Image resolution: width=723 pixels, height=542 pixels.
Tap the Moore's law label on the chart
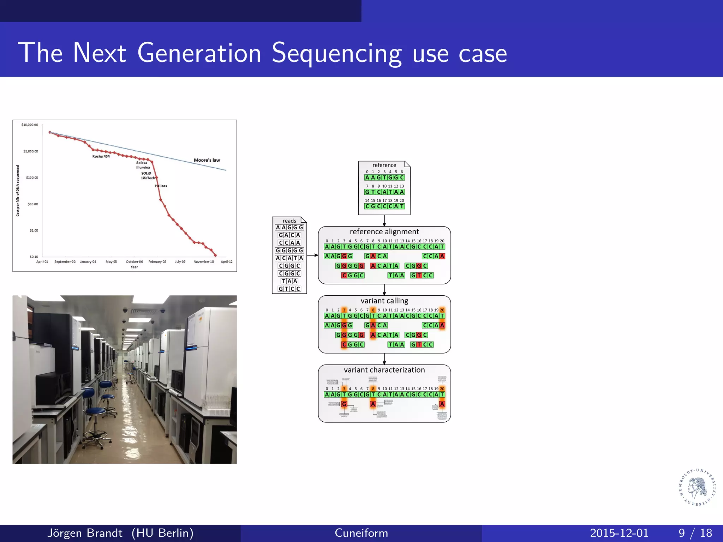(207, 160)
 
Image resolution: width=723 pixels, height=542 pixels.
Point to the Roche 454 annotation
(101, 156)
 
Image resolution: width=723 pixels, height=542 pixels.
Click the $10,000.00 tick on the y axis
(30, 125)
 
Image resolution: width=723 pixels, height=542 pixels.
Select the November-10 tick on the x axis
(204, 262)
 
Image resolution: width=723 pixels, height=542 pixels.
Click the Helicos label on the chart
(161, 186)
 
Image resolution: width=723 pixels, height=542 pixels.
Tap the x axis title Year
(134, 267)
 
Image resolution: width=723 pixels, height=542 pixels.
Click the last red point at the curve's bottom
(216, 255)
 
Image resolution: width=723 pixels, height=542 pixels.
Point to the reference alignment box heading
(384, 232)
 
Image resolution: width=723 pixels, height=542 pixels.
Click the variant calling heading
(384, 301)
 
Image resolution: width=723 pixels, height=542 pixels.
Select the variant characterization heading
(384, 370)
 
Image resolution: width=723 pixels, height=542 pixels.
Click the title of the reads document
(289, 221)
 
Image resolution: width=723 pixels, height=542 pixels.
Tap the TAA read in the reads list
(289, 281)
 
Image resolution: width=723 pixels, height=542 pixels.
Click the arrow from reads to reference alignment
(312, 255)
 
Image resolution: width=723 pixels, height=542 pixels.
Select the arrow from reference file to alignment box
(384, 221)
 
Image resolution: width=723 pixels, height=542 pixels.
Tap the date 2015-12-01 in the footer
(619, 533)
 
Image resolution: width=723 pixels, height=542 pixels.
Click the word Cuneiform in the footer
(361, 533)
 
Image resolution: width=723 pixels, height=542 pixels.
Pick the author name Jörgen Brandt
(85, 533)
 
